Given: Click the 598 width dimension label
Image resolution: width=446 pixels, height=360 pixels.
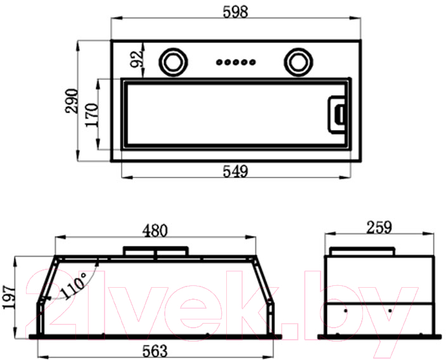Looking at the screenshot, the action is pyautogui.click(x=236, y=12).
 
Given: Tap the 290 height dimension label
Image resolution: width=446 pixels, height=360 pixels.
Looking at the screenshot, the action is pyautogui.click(x=72, y=101).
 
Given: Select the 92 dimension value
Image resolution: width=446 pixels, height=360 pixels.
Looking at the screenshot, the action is pyautogui.click(x=136, y=59).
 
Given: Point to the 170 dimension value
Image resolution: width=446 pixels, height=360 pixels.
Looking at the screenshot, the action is pyautogui.click(x=92, y=115).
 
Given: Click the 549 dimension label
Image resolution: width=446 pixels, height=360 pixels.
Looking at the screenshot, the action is pyautogui.click(x=235, y=171).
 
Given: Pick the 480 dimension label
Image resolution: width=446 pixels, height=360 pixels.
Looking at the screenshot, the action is pyautogui.click(x=155, y=231).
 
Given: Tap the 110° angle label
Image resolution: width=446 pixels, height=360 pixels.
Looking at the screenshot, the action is pyautogui.click(x=74, y=286).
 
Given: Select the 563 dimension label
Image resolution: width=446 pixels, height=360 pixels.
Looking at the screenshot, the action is pyautogui.click(x=155, y=351).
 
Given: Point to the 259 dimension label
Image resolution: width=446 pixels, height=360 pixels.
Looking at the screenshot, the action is pyautogui.click(x=379, y=228).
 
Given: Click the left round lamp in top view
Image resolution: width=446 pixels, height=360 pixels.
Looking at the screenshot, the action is pyautogui.click(x=173, y=62).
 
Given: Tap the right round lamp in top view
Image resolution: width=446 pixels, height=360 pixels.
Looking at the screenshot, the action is pyautogui.click(x=298, y=62).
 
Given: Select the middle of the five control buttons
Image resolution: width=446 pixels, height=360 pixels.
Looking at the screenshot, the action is pyautogui.click(x=236, y=62).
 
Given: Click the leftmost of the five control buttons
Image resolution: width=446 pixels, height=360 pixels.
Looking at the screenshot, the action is pyautogui.click(x=219, y=62).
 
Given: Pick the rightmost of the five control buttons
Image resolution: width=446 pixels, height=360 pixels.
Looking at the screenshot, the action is pyautogui.click(x=252, y=62).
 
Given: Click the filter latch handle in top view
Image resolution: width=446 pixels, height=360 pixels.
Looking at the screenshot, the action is pyautogui.click(x=338, y=115).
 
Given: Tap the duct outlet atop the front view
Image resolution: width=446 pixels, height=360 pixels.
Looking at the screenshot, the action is pyautogui.click(x=156, y=251).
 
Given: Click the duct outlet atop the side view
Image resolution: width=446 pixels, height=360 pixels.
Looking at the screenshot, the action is pyautogui.click(x=362, y=252).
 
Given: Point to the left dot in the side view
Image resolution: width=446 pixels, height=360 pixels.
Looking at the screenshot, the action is pyautogui.click(x=346, y=311).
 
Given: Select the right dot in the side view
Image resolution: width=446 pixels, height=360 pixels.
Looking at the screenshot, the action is pyautogui.click(x=390, y=311).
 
